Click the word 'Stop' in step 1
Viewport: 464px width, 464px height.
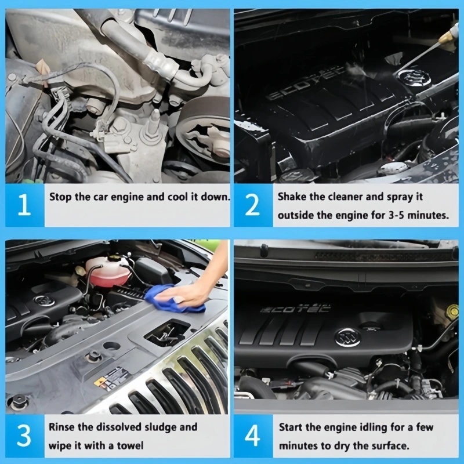click(60, 197)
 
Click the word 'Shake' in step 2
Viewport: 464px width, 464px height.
click(292, 197)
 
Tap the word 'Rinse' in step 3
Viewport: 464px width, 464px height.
click(63, 427)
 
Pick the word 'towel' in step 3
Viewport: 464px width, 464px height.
click(130, 445)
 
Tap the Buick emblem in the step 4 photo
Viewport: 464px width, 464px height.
click(347, 336)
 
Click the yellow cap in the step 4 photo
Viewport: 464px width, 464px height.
click(452, 312)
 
